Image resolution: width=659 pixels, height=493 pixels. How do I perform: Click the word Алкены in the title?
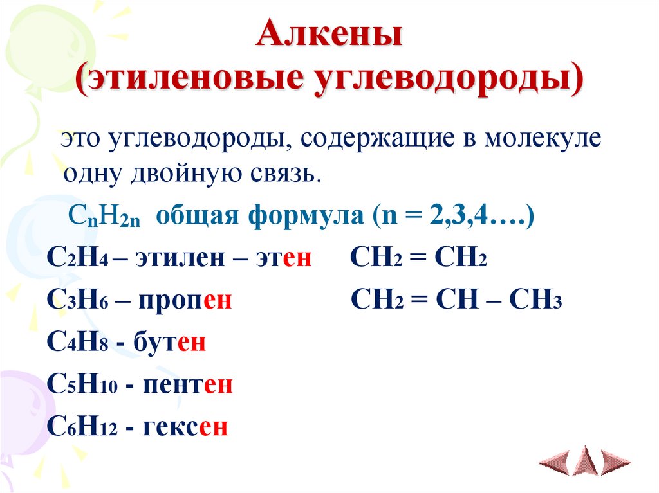[x=329, y=36]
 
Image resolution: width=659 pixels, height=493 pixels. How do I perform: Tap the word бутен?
[x=169, y=342]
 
